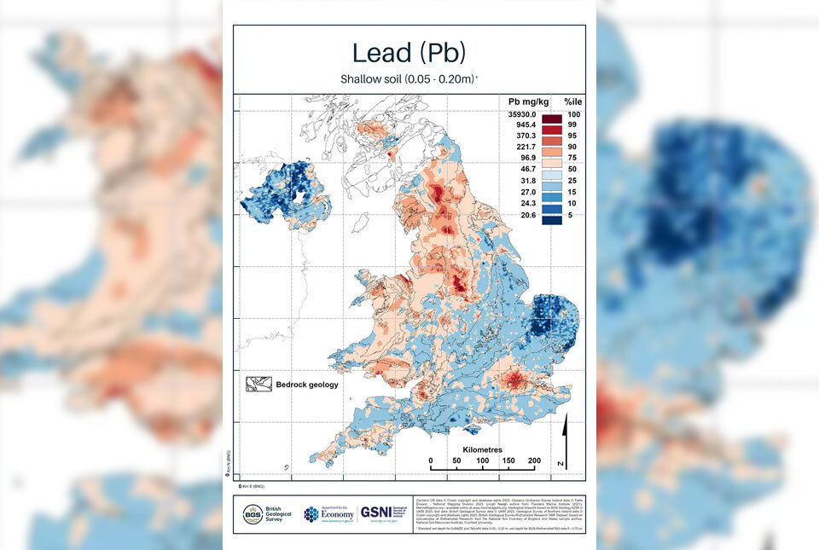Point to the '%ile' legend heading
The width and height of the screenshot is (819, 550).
[572, 101]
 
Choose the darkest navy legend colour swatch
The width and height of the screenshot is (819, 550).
[551, 217]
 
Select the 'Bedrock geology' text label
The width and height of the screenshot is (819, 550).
[306, 385]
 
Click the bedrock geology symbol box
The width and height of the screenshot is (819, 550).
[258, 385]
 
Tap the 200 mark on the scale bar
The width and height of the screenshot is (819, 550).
[534, 461]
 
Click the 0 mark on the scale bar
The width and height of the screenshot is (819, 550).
[431, 461]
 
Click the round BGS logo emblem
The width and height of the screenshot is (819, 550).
[252, 513]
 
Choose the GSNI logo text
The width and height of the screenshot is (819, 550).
[376, 512]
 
